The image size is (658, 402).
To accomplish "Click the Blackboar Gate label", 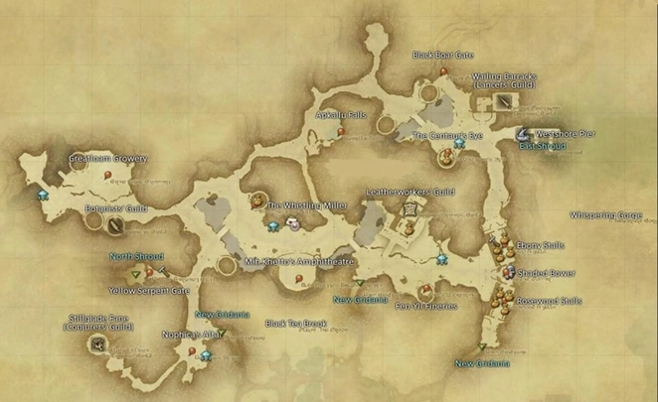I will (x=443, y=56).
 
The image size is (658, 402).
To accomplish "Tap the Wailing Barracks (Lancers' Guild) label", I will (x=505, y=80).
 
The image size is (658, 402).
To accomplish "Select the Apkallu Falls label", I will (x=341, y=115).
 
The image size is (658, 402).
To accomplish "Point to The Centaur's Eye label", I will (x=447, y=135).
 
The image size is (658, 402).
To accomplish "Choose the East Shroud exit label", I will (x=542, y=146).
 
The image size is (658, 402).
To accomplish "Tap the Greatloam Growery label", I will (x=107, y=159).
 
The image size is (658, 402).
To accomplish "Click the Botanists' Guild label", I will (x=115, y=209).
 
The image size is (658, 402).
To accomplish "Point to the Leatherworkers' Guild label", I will (x=410, y=192).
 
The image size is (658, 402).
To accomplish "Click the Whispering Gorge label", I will (x=606, y=214).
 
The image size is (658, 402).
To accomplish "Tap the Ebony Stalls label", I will (x=540, y=245).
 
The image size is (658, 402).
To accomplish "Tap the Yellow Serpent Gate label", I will (x=149, y=291).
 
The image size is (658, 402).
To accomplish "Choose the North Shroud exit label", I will (x=135, y=257).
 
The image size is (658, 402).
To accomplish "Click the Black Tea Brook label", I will (x=295, y=324).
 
